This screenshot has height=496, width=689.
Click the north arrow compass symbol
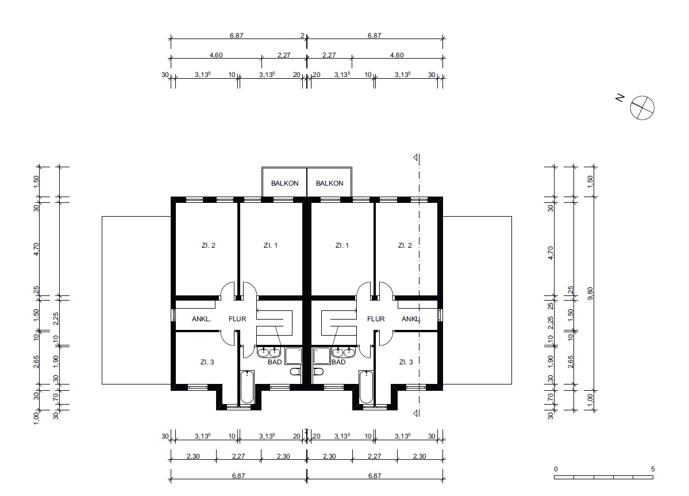point(642,107)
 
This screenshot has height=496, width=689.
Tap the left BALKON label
point(285,183)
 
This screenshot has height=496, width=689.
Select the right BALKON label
point(330,183)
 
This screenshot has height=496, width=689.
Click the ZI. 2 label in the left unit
point(208,245)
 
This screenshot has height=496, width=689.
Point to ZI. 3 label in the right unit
point(406,362)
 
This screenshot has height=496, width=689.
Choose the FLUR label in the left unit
point(237,319)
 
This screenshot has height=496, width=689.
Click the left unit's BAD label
point(275,362)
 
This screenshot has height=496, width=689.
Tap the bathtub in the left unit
point(247,387)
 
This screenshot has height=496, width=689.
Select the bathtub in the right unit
point(366,387)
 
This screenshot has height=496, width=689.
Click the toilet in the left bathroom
point(295,372)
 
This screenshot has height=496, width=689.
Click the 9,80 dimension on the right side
point(590,293)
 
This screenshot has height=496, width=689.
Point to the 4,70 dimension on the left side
point(36,249)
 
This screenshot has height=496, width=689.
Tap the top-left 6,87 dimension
point(236,36)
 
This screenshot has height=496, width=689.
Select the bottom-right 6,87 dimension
point(374,475)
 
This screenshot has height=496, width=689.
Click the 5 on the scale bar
point(653,469)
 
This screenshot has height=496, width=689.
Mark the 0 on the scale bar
point(556,469)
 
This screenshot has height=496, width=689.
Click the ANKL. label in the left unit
point(202,319)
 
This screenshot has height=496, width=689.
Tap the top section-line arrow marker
point(415,157)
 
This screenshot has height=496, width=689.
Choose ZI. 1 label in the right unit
point(342,245)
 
